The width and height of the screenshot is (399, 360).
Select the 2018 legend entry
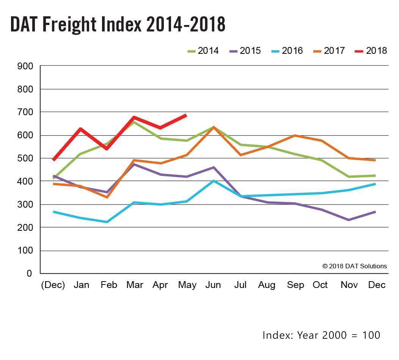pos(369,50)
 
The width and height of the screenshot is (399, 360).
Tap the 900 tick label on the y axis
pos(25,66)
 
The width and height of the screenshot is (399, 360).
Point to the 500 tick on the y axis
pos(25,158)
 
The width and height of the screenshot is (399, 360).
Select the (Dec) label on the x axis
pos(53,285)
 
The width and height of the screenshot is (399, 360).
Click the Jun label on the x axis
pos(213,285)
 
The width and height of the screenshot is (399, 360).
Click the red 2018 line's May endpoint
pos(186,115)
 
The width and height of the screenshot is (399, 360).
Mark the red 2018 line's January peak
pos(80,129)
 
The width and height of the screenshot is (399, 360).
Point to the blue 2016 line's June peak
pos(214,181)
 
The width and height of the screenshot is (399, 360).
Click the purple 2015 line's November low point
pos(348,220)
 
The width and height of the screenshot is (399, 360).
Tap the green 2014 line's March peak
pos(134,122)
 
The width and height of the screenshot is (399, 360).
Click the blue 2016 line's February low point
pos(107,222)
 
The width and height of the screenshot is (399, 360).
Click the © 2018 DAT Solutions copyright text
pos(355,266)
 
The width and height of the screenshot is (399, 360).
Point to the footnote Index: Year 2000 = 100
pos(321,335)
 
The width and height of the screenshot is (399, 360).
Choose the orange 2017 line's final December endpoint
pos(375,160)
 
